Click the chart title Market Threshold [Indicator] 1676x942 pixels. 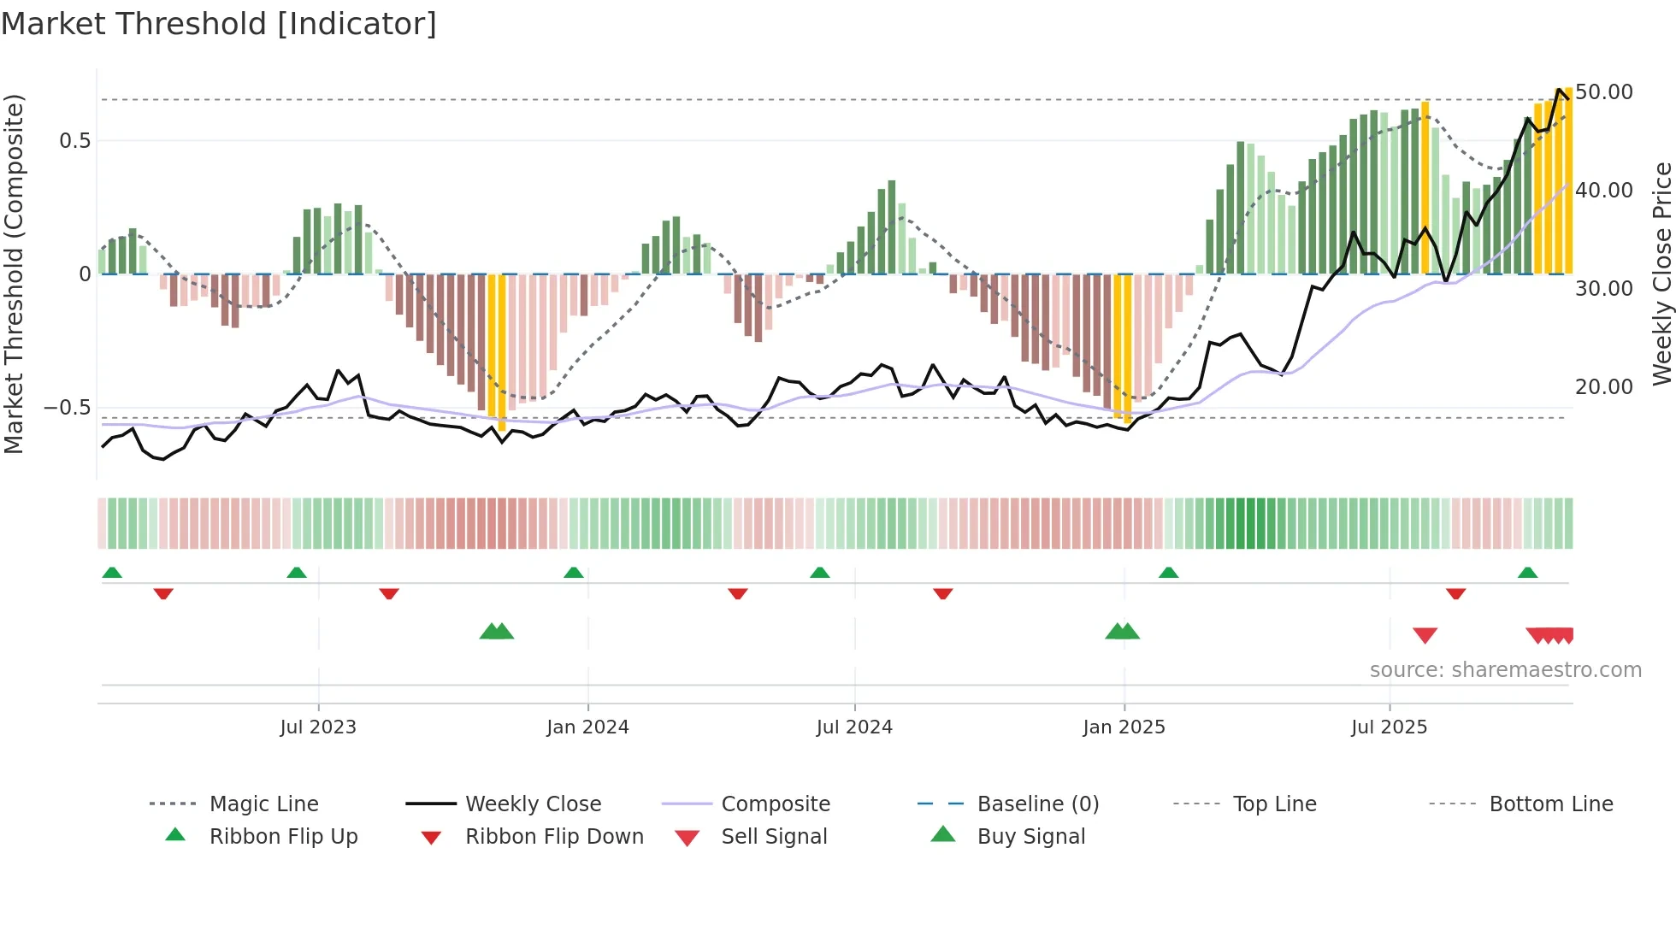219,24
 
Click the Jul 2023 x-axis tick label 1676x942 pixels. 317,727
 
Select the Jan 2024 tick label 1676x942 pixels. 587,727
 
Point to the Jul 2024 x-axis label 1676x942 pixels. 854,727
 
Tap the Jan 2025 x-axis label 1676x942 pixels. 1124,727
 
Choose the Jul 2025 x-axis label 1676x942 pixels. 1390,727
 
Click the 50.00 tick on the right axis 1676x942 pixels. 1604,92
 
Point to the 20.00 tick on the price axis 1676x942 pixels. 1604,387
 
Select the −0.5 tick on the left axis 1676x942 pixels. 68,408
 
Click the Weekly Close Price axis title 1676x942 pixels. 1661,274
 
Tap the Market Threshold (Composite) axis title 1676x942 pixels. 14,274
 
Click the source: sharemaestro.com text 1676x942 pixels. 1505,670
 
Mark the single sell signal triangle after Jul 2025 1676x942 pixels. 1425,635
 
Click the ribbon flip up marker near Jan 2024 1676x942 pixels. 574,572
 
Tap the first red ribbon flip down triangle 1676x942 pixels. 163,593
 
